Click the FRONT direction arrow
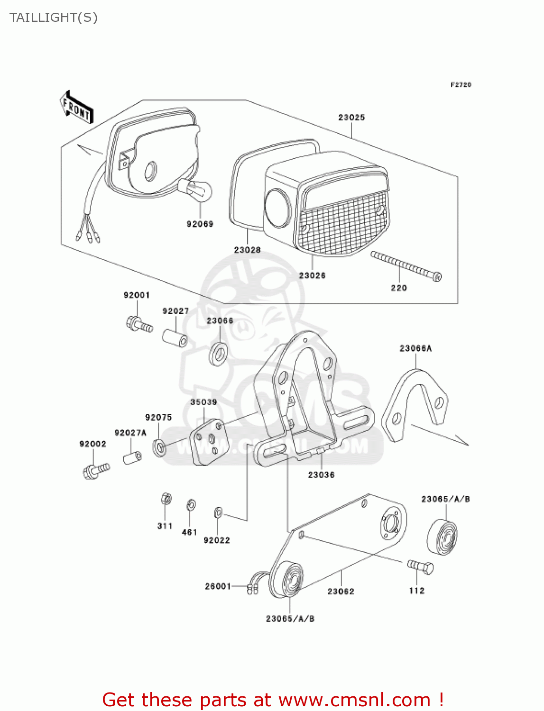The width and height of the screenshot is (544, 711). click(x=76, y=108)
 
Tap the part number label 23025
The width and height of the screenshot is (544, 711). click(x=351, y=117)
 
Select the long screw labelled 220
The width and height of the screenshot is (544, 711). click(x=406, y=266)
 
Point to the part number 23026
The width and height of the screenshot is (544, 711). click(x=312, y=275)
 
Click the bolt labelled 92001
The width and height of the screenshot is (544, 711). click(x=139, y=325)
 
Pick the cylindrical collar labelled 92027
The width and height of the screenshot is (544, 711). click(x=175, y=338)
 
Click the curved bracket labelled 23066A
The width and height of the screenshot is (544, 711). click(x=415, y=405)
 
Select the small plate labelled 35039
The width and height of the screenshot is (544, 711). click(x=210, y=441)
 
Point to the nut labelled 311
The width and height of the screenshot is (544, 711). click(x=166, y=499)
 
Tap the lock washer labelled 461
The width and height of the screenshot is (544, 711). click(x=191, y=505)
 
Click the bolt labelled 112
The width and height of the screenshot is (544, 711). click(x=420, y=566)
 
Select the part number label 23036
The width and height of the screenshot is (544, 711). click(x=321, y=474)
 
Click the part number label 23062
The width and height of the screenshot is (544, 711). click(x=341, y=591)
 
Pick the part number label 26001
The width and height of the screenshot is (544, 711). click(x=218, y=586)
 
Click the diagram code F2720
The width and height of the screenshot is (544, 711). click(x=461, y=85)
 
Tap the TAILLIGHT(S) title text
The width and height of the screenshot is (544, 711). click(x=54, y=18)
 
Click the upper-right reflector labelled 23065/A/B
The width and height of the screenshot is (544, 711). click(x=443, y=538)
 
